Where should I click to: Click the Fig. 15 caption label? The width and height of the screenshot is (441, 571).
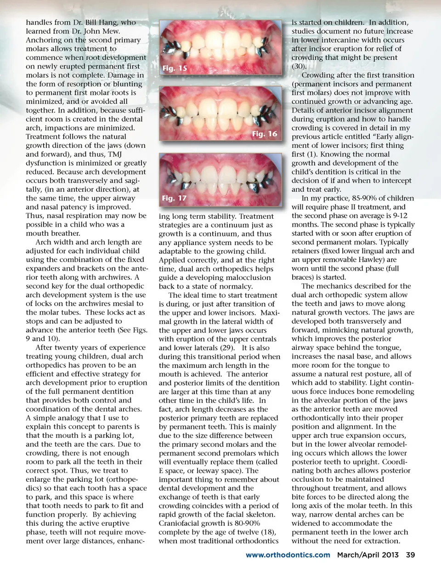(175, 68)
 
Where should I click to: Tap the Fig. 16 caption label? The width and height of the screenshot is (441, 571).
(265, 134)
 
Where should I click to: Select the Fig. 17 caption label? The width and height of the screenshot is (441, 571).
(175, 198)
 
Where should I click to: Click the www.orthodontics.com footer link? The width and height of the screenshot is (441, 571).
(288, 555)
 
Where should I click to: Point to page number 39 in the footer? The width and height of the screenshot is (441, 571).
(410, 555)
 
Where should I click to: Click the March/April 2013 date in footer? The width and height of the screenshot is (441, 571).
(368, 555)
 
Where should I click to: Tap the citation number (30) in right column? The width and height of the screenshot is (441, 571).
(298, 66)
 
